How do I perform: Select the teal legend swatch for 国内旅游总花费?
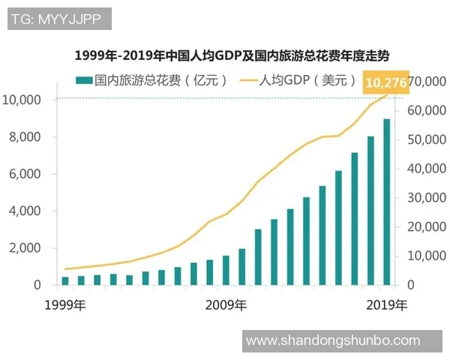83,80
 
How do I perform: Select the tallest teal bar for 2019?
387,202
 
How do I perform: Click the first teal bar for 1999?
65,280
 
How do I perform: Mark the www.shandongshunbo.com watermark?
333,340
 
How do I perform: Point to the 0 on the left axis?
36,285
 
